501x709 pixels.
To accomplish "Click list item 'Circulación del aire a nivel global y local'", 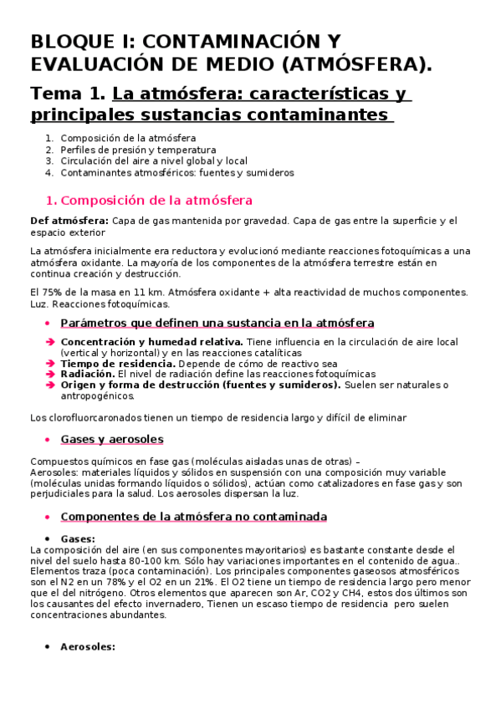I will [154, 161].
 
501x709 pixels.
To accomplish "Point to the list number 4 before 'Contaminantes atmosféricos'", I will [49, 172].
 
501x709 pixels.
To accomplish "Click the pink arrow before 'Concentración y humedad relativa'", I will [50, 342].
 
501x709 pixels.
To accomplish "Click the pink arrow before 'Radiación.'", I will [50, 374].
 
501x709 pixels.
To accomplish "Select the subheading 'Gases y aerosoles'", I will [112, 439].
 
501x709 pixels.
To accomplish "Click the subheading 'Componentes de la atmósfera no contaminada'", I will [194, 517].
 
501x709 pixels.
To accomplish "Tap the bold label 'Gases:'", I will [78, 538].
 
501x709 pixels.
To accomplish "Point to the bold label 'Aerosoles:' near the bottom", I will [87, 646].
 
